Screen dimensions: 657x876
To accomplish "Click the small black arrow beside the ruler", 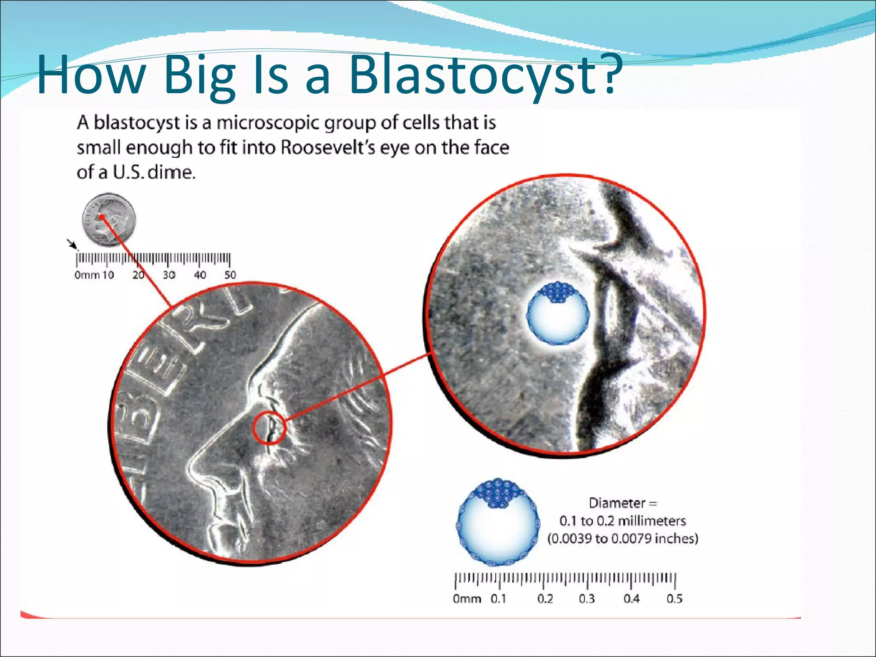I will pos(72,244).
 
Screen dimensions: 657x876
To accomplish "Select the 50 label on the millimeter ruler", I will pos(230,275).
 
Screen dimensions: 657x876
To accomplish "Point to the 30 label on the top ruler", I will pos(169,275).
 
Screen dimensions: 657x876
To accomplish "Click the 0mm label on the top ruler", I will pos(87,275).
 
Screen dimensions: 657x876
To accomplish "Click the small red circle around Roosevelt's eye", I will pos(269,428).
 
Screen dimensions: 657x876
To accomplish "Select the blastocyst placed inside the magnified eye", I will pos(558,313).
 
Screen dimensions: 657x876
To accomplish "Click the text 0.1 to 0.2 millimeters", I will pos(622,521).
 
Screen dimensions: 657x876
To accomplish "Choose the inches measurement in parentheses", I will pos(623,538).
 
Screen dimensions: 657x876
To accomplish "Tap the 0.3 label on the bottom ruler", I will pos(586,599).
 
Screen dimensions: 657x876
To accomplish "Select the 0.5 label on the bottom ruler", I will pos(674,599).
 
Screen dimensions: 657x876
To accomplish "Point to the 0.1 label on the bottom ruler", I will pos(498,599).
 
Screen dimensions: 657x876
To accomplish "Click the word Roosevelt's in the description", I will pos(328,148).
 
